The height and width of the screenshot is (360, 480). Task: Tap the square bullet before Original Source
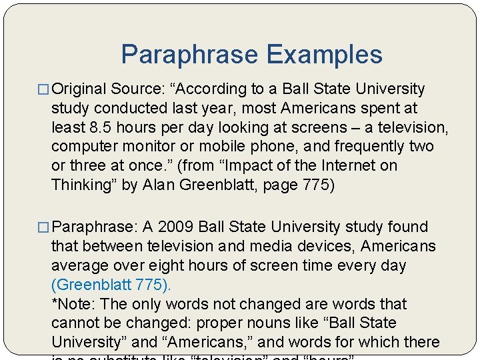tap(45, 89)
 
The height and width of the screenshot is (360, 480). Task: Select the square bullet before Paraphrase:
tap(45, 227)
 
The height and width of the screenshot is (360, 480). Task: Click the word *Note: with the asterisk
tap(74, 304)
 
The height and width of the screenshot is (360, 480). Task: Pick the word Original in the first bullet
tap(79, 89)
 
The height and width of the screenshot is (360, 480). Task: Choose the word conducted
tap(127, 108)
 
